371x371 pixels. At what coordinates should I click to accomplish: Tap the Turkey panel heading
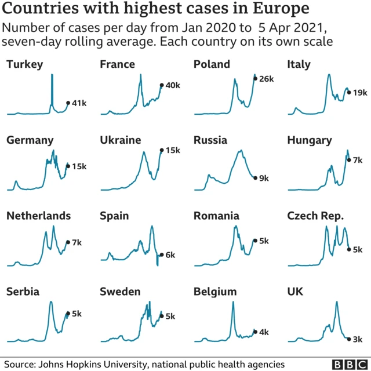tap(24, 64)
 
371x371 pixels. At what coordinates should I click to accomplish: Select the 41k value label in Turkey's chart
tap(79, 103)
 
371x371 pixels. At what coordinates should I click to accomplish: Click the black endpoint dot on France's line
tap(161, 85)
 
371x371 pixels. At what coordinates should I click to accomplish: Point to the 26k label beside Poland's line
tap(266, 78)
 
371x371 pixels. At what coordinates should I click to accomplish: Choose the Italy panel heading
tap(299, 64)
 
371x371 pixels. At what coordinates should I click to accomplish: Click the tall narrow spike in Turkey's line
tap(52, 87)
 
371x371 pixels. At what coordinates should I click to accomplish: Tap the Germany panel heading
tap(30, 140)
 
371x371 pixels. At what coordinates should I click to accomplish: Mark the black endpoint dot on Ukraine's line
tap(161, 150)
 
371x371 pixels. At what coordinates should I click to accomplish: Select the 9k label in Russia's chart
tap(264, 179)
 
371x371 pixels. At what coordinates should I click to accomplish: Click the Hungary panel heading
tap(310, 140)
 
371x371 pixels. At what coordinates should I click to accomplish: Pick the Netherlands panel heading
tap(38, 216)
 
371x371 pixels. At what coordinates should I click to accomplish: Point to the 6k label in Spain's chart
tap(170, 254)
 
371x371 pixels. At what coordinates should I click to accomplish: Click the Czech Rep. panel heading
tap(316, 216)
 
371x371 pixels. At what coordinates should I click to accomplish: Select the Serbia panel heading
tap(23, 292)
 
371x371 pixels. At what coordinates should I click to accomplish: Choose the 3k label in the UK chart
tap(358, 339)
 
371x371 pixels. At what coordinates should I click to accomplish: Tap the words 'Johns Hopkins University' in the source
tap(94, 364)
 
